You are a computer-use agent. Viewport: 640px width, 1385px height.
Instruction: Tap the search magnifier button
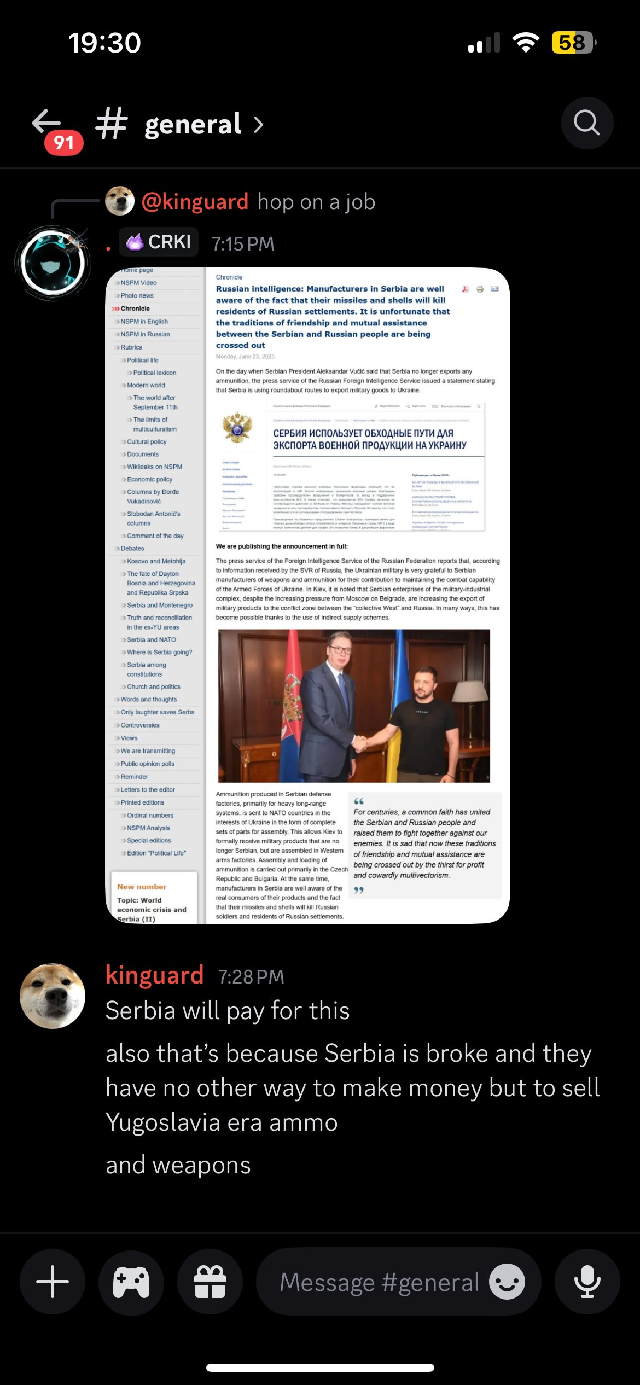(587, 123)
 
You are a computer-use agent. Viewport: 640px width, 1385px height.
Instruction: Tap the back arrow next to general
(46, 121)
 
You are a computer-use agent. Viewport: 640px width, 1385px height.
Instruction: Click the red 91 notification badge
(64, 143)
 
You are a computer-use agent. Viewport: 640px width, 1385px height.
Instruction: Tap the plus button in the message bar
(53, 1282)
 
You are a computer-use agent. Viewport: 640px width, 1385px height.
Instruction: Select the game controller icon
(131, 1282)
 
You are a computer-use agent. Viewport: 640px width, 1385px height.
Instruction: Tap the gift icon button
(210, 1282)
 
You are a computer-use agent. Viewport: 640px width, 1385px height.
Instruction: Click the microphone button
(587, 1282)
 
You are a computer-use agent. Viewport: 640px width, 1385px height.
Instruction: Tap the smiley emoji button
(507, 1282)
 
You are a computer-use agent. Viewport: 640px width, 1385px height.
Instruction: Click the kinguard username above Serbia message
(155, 975)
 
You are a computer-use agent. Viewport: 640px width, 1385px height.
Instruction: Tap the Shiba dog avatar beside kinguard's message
(53, 996)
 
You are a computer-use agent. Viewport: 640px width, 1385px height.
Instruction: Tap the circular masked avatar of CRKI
(53, 263)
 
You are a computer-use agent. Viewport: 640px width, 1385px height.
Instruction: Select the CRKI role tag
(159, 242)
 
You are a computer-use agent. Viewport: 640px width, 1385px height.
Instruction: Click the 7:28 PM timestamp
(251, 977)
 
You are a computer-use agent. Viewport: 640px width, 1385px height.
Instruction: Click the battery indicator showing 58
(573, 43)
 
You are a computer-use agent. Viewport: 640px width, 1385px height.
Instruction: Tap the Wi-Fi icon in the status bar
(526, 43)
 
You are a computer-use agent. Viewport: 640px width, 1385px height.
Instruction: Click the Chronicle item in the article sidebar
(135, 309)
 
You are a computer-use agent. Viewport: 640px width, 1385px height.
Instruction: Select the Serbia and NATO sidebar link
(152, 639)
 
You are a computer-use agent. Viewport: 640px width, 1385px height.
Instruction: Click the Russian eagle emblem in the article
(237, 428)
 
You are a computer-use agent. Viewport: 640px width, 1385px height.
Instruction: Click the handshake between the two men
(359, 743)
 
